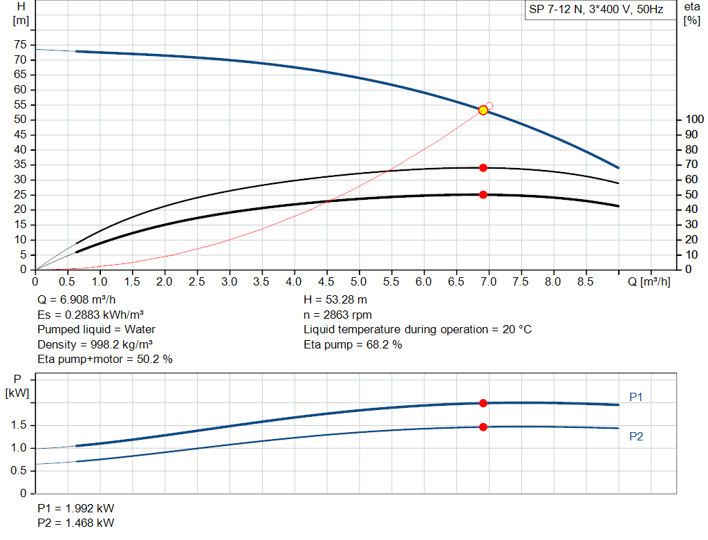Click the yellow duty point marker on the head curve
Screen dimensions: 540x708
click(x=483, y=110)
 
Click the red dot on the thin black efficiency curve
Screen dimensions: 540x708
click(x=483, y=167)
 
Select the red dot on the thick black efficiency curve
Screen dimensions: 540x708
click(x=483, y=194)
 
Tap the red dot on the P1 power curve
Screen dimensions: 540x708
click(x=483, y=403)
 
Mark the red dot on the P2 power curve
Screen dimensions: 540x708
click(x=483, y=427)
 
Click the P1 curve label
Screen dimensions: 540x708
click(x=636, y=398)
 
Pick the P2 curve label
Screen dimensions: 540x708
click(x=636, y=436)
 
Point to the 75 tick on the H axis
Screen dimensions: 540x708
click(x=20, y=45)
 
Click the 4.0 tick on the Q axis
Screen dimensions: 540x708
click(x=294, y=281)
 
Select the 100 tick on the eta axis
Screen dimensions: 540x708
click(x=691, y=120)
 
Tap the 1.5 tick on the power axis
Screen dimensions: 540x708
click(x=20, y=425)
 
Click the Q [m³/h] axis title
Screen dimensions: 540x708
click(x=649, y=281)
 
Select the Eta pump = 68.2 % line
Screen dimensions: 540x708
click(x=353, y=344)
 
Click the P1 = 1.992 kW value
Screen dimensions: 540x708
click(x=76, y=508)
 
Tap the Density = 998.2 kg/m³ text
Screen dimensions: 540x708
click(x=95, y=344)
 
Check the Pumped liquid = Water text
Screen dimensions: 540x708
click(x=96, y=329)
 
